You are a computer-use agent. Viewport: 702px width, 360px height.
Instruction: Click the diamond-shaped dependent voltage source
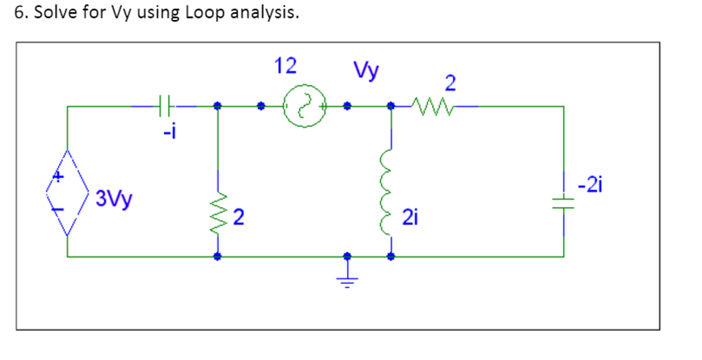(x=67, y=192)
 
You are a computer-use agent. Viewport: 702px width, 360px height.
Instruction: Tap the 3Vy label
(x=115, y=200)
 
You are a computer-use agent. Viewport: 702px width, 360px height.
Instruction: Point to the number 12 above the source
(x=285, y=67)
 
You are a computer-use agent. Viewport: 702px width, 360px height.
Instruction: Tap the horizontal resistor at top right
(x=431, y=106)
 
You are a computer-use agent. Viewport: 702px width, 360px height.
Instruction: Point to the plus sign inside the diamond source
(x=60, y=177)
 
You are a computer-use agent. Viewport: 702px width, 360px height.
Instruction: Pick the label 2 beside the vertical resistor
(x=238, y=219)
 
